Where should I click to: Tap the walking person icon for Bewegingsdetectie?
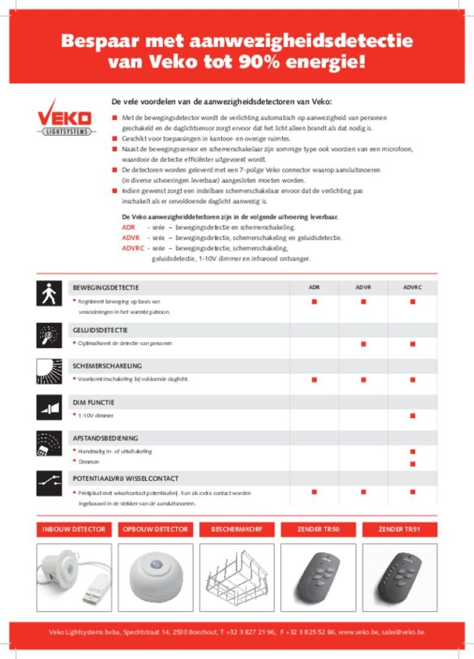tap(49, 293)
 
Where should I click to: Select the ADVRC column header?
tap(412, 288)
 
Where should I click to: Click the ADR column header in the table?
tap(314, 288)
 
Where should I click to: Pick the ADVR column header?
tap(364, 288)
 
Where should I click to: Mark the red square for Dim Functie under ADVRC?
tap(412, 416)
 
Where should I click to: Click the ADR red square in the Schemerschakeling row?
tap(314, 379)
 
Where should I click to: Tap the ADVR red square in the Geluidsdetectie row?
tap(364, 343)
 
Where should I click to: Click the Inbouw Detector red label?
tap(74, 529)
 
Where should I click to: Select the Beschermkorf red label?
tap(237, 529)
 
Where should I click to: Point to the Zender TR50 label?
tap(318, 529)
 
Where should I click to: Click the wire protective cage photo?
tap(237, 577)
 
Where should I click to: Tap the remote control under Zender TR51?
tap(399, 577)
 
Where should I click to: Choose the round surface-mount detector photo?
tap(156, 577)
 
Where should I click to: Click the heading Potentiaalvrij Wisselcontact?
tap(126, 479)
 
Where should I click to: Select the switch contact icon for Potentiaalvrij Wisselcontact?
tap(49, 481)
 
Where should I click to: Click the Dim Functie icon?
tap(49, 408)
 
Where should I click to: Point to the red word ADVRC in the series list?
tap(133, 248)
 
